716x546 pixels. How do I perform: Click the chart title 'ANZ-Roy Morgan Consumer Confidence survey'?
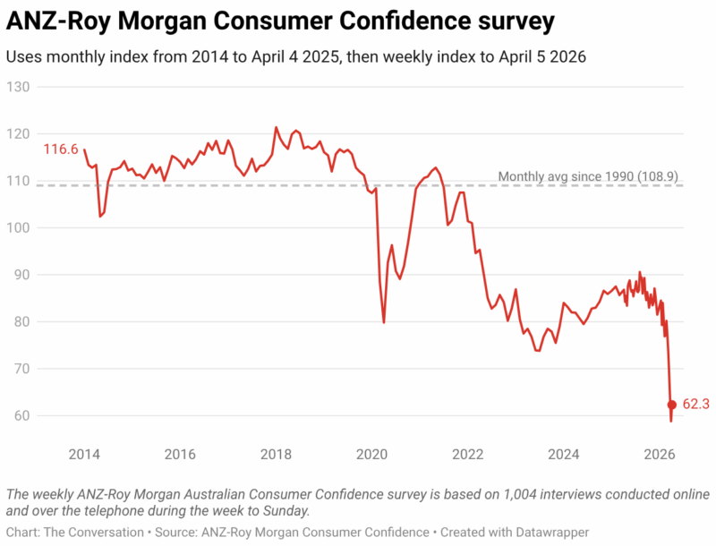point(280,21)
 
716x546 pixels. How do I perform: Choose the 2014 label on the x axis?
point(84,453)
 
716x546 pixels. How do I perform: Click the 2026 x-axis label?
point(660,453)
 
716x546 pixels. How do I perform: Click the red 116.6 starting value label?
point(60,149)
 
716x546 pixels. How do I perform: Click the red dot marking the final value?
point(672,405)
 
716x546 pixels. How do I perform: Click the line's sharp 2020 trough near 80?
point(384,322)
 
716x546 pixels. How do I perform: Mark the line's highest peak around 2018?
point(276,127)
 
